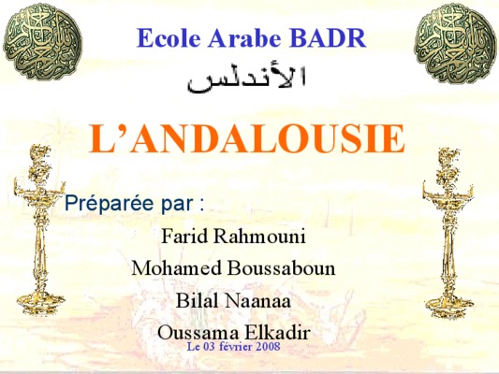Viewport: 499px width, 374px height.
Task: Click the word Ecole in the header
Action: (169, 38)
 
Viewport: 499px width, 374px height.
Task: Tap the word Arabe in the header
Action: (244, 38)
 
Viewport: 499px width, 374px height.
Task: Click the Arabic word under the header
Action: (246, 79)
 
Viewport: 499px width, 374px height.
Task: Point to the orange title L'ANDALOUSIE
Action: (246, 139)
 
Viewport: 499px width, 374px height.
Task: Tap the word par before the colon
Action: (177, 205)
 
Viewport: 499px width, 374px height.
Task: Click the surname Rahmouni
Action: (259, 236)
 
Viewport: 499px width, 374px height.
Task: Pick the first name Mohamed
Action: (176, 267)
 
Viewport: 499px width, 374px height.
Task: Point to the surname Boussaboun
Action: (281, 267)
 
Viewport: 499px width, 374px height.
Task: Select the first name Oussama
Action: (198, 333)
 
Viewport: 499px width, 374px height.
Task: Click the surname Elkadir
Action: (277, 332)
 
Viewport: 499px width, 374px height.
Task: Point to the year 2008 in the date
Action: (268, 346)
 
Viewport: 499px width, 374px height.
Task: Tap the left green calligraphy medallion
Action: (43, 42)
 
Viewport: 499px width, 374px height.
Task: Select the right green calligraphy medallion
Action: (456, 44)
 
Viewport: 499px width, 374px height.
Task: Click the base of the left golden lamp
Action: (40, 303)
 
